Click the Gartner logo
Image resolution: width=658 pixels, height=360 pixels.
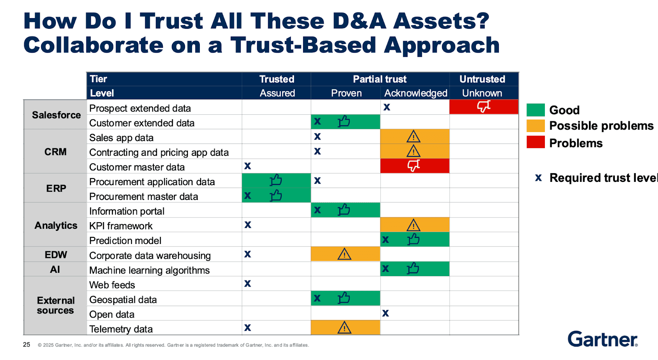(x=602, y=339)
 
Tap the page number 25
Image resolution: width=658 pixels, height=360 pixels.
(x=27, y=345)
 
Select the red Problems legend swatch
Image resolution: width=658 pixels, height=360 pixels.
(x=535, y=142)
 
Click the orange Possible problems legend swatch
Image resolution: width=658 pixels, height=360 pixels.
(x=535, y=125)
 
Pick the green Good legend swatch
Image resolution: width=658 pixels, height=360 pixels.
(x=535, y=110)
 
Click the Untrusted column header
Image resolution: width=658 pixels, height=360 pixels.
(x=482, y=79)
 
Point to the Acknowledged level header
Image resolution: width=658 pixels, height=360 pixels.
(x=415, y=93)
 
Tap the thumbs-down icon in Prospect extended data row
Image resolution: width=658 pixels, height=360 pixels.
(x=484, y=107)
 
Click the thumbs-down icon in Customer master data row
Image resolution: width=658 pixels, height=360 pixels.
(x=414, y=166)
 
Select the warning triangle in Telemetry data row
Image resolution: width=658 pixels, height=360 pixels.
(x=344, y=327)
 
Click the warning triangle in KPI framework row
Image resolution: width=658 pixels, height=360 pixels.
(x=413, y=225)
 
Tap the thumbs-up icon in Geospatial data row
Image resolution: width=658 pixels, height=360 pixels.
(x=344, y=298)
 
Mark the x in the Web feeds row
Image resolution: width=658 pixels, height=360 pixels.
(x=248, y=283)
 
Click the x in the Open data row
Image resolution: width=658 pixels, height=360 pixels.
(x=385, y=313)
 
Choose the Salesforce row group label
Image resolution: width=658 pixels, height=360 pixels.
(x=56, y=115)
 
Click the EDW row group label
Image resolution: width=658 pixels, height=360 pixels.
(x=56, y=255)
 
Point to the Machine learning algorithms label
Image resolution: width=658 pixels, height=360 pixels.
(x=149, y=270)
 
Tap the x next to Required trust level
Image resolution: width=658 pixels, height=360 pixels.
(x=538, y=178)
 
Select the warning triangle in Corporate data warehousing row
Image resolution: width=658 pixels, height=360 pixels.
(x=344, y=254)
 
